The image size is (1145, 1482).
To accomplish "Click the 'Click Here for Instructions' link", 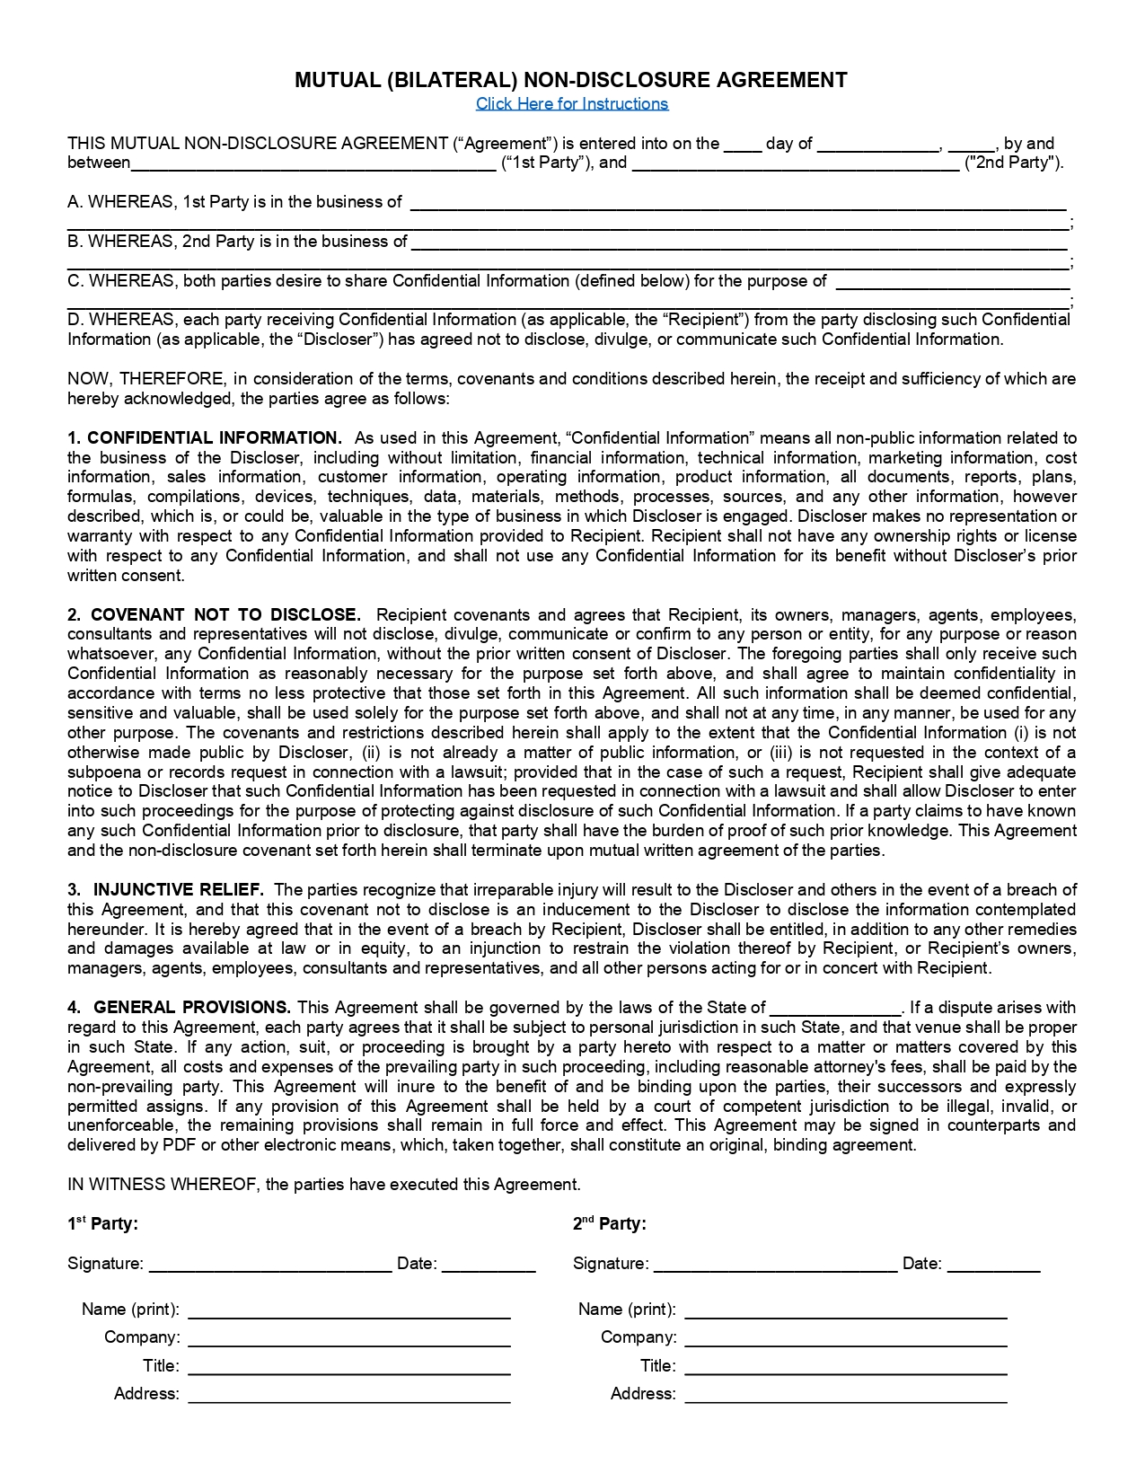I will pos(572,103).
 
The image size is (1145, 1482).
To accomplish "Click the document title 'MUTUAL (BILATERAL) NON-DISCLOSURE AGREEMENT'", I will pos(571,80).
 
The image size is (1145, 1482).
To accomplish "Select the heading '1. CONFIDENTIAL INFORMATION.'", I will pos(205,438).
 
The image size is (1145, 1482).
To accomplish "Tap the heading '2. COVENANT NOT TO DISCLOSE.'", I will pos(214,615).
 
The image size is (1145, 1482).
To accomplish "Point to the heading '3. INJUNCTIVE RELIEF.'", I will pos(166,890).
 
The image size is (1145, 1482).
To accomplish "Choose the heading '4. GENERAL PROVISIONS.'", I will pos(180,1008).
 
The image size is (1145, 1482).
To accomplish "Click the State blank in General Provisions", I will pos(835,1009).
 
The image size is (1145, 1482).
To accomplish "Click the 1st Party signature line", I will pos(270,1265).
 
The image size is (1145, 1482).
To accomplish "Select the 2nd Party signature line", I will pos(776,1265).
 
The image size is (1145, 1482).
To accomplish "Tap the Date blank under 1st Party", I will pos(489,1265).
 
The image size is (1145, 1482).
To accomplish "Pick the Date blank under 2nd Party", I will pos(994,1265).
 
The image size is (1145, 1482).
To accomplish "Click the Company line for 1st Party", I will pos(349,1338).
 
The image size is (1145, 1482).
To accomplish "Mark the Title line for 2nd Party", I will pos(846,1367).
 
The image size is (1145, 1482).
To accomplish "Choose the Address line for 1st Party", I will pos(349,1395).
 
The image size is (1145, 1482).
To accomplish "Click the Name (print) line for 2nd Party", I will pos(846,1310).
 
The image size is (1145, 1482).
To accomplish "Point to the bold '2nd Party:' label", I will pos(610,1223).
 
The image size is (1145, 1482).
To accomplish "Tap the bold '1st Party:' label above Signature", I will pos(103,1223).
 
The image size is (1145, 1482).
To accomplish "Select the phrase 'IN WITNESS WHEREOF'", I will pos(163,1185).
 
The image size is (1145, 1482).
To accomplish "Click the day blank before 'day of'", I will pos(743,145).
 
